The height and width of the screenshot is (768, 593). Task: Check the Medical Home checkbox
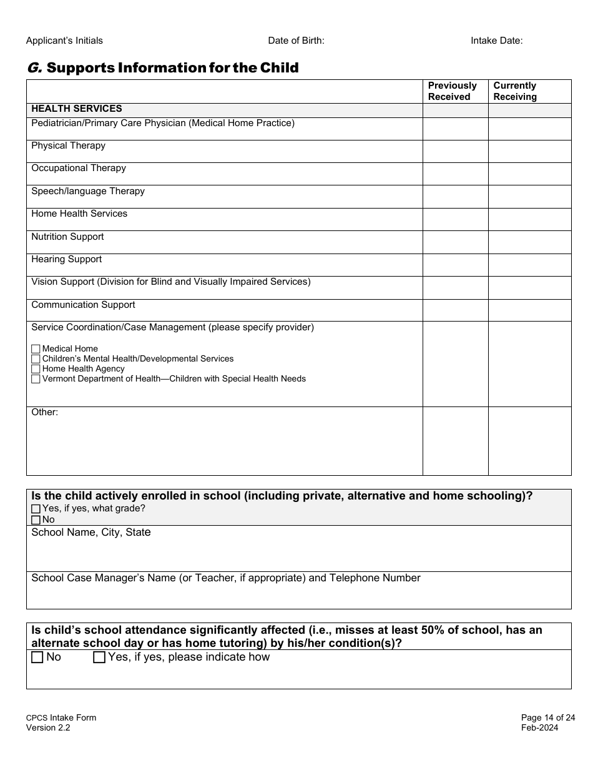click(36, 349)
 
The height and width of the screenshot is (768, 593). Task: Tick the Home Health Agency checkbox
click(36, 369)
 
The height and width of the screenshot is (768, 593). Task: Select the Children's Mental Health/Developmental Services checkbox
click(36, 359)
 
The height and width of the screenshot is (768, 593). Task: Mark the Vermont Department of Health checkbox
click(36, 379)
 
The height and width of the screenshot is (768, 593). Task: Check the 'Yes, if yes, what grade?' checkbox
click(36, 509)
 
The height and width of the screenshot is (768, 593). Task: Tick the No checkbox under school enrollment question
click(36, 520)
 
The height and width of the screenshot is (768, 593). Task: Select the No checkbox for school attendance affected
click(37, 657)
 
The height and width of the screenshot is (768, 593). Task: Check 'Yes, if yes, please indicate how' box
click(99, 657)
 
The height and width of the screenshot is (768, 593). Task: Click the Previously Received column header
click(453, 91)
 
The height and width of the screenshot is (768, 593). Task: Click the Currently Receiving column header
click(515, 91)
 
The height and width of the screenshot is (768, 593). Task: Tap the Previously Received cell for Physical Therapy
click(455, 151)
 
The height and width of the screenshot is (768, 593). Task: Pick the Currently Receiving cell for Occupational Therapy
click(529, 174)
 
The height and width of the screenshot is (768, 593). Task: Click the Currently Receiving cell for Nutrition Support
click(529, 242)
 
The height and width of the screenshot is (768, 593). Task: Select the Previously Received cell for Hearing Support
click(455, 265)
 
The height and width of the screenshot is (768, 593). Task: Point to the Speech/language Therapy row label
click(88, 191)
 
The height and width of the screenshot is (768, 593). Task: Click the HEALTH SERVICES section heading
click(77, 109)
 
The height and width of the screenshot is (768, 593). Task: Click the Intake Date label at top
click(496, 41)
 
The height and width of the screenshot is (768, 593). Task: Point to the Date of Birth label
click(296, 41)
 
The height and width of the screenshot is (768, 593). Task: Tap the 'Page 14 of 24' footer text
click(548, 717)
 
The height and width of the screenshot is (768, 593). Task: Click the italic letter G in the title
click(34, 67)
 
